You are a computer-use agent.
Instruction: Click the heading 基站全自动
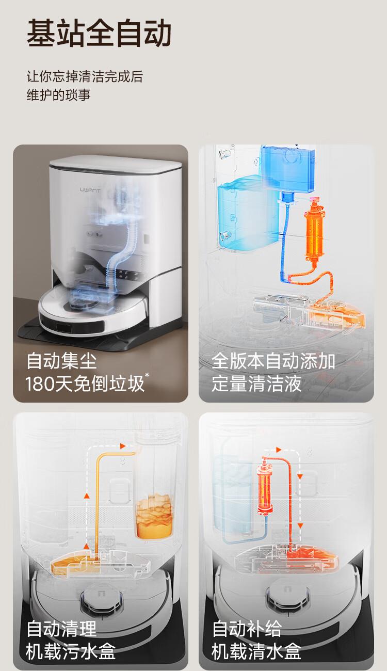coord(99,33)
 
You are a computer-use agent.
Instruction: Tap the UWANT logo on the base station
coord(90,190)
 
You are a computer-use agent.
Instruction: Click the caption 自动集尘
coord(61,361)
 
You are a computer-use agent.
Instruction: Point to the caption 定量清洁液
coord(256,384)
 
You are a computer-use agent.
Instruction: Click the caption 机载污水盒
coord(71,651)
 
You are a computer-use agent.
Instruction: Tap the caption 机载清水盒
coord(256,651)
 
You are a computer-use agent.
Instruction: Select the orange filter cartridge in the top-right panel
coord(314,231)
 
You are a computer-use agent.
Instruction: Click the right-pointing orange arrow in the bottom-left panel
coord(122,446)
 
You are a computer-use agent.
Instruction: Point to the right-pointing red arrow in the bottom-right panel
coord(279,450)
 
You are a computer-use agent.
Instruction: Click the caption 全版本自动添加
coord(273,361)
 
